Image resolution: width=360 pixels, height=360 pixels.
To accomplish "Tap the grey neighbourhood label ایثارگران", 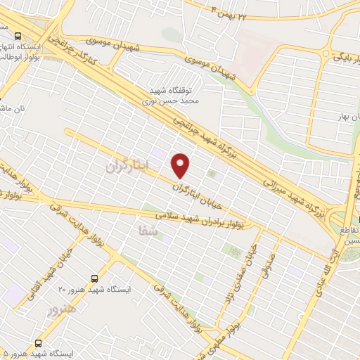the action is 129,167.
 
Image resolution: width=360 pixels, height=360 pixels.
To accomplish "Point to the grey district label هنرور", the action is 60,309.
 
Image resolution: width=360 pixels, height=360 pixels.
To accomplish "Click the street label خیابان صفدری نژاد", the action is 242,274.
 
